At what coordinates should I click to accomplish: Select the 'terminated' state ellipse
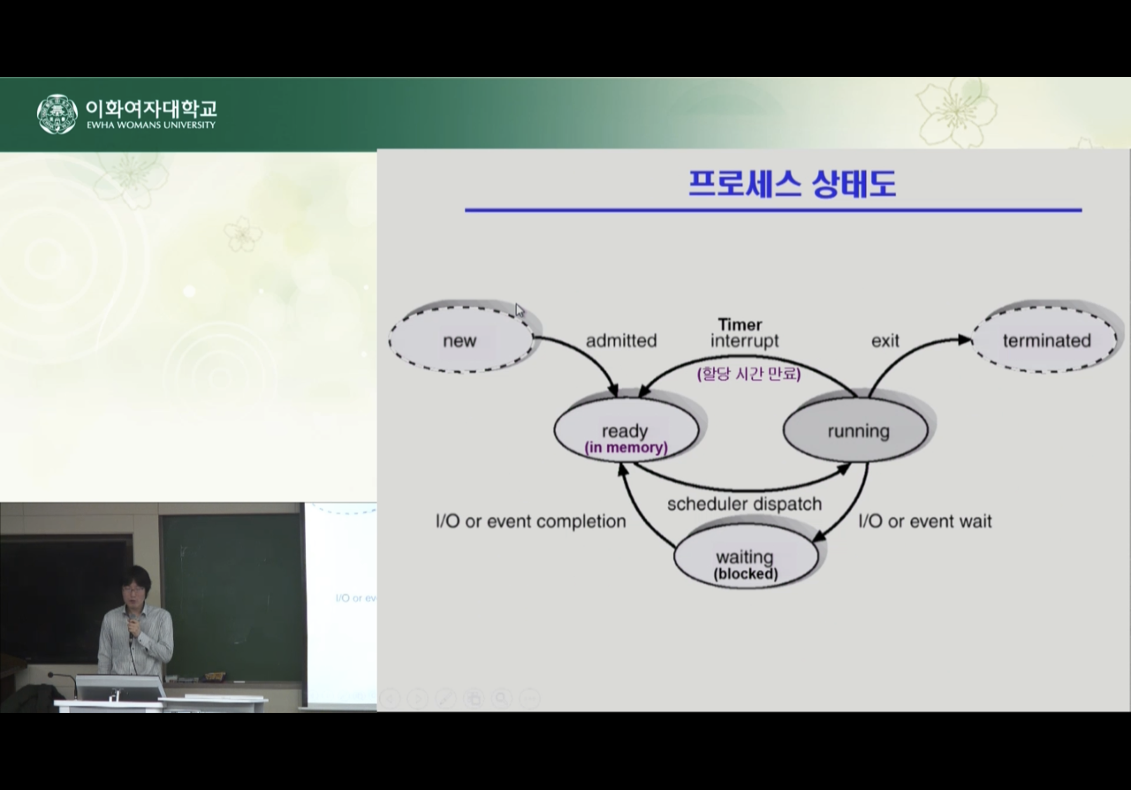(x=1045, y=339)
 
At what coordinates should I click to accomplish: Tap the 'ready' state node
(x=626, y=430)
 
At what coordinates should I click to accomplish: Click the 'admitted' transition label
(x=621, y=341)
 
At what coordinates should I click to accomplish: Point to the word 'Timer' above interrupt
(x=740, y=324)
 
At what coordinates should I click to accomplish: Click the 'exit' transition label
(x=885, y=341)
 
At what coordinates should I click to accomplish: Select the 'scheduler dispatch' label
(x=745, y=504)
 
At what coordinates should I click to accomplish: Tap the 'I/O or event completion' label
(x=530, y=521)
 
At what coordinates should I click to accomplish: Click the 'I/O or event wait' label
(x=925, y=521)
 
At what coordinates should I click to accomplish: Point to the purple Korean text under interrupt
(x=749, y=374)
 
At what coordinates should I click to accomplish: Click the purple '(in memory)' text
(x=626, y=448)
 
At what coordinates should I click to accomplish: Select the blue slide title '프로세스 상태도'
(x=791, y=184)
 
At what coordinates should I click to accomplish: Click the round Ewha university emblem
(x=57, y=114)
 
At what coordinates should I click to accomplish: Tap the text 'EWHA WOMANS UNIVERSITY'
(x=151, y=125)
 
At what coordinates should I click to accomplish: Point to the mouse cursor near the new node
(x=520, y=311)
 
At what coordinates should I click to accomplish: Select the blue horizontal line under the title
(x=773, y=210)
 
